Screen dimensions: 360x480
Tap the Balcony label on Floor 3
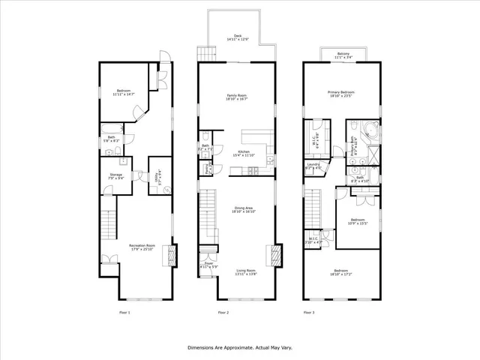tap(342, 53)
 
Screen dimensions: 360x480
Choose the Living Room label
tap(247, 271)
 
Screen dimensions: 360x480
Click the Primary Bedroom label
tap(340, 94)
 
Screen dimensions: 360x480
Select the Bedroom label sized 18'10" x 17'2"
tap(341, 271)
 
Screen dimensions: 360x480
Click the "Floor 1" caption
tap(124, 312)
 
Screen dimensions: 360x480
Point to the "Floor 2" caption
tap(223, 312)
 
